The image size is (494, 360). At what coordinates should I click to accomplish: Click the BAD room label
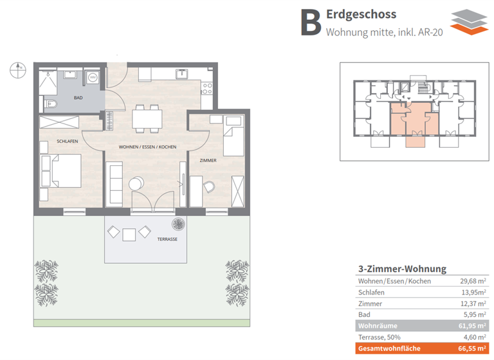tap(78, 98)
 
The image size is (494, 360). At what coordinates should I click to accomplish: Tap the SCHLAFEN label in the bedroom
tap(68, 141)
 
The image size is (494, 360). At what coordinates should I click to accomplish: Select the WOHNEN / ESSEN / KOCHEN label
tap(147, 147)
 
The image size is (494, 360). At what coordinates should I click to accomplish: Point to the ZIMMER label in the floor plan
tap(208, 160)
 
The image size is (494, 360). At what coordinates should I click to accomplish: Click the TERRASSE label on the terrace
tap(167, 239)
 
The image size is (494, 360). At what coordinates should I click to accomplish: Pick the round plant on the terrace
tap(178, 224)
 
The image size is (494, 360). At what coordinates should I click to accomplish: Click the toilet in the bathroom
tap(51, 104)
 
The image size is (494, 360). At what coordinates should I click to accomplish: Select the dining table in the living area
tap(147, 118)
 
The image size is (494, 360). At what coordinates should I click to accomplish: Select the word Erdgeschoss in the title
tap(361, 14)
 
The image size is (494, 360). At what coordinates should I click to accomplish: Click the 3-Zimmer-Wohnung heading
tap(401, 269)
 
